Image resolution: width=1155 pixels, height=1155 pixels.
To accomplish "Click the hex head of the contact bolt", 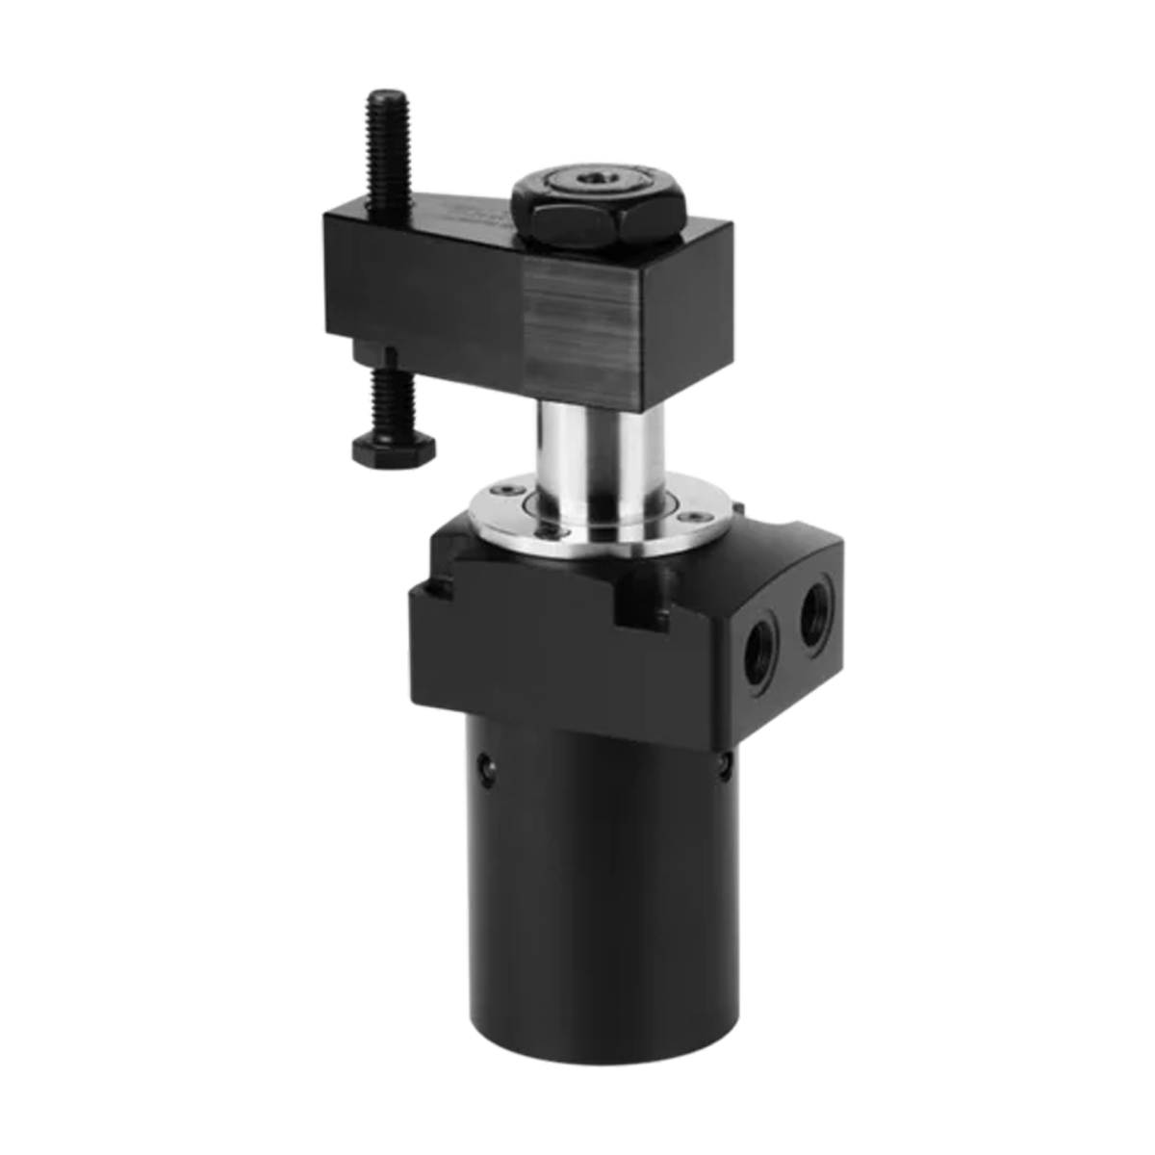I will pos(394,449).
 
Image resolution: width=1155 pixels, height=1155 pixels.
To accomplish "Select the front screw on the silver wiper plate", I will pos(549,528).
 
